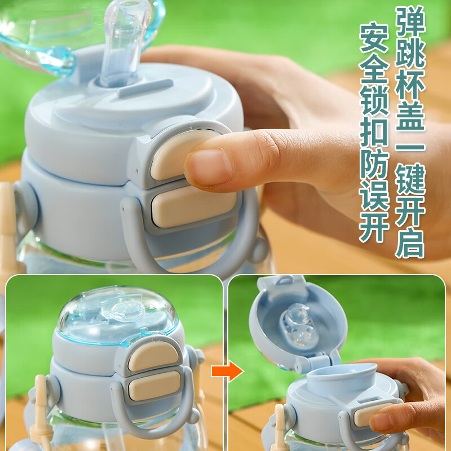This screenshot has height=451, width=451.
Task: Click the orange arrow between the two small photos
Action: pos(227,371)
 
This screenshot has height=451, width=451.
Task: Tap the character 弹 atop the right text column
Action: pos(410,21)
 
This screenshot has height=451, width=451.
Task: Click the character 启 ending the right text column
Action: pos(410,242)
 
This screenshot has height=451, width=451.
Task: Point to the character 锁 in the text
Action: pos(374,100)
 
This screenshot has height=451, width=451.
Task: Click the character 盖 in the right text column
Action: pos(410,116)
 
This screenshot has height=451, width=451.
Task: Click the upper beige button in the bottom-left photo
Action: pos(153,356)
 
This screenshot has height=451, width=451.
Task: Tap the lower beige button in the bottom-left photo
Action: pos(154,386)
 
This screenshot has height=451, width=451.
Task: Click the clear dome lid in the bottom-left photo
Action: pos(117,315)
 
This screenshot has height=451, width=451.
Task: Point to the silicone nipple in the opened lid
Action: pos(299,325)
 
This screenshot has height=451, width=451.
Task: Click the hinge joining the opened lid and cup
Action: pos(316,363)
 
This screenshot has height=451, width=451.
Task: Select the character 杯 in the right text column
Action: pos(410,84)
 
